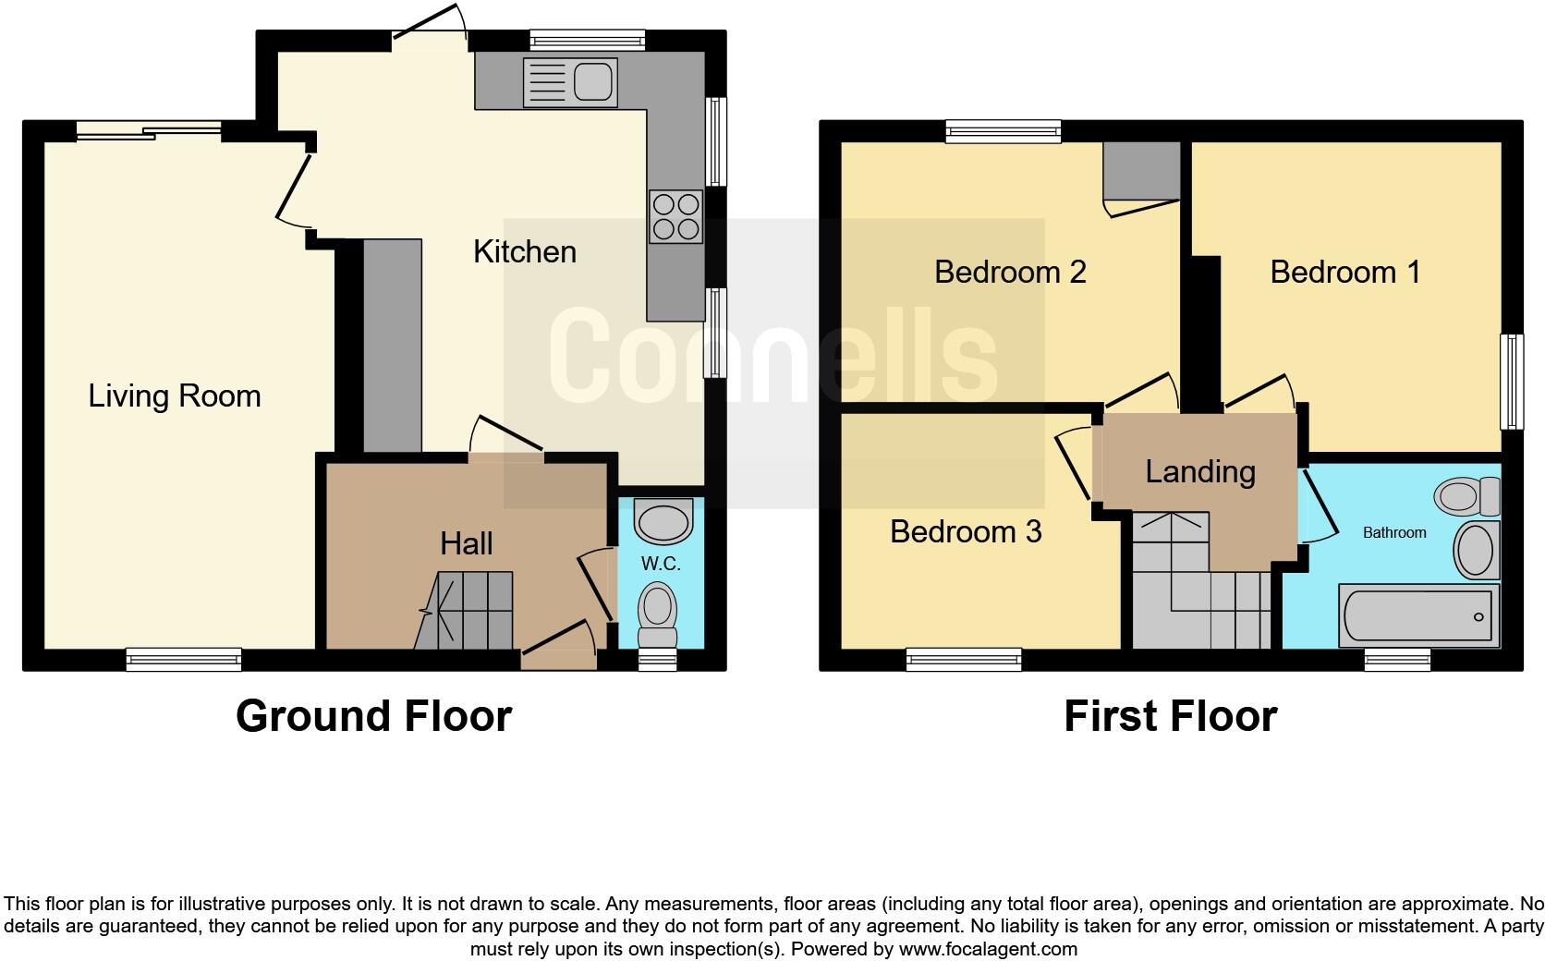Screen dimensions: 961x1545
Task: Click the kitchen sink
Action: click(570, 82)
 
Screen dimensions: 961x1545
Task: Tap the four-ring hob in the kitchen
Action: click(676, 216)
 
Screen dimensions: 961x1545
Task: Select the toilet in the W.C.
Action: click(658, 614)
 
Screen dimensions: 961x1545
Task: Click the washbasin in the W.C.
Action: click(663, 521)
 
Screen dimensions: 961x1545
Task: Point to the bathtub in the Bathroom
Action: click(1418, 615)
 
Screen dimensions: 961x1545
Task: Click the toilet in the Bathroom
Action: click(1467, 496)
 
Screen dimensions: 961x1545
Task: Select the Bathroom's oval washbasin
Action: click(1476, 550)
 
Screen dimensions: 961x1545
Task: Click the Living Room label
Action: click(175, 396)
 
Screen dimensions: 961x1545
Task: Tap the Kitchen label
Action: click(525, 251)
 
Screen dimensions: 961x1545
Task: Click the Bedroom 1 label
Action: click(1344, 272)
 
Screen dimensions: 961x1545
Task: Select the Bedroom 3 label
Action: click(966, 531)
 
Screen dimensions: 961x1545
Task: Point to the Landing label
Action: click(1200, 471)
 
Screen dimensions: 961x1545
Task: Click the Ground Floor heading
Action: click(373, 716)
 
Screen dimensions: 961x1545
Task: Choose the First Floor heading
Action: click(1170, 716)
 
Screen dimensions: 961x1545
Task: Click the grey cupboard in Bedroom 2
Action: click(1143, 170)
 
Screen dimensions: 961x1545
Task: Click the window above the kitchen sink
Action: click(587, 40)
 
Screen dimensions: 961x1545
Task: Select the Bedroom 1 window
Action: click(1512, 382)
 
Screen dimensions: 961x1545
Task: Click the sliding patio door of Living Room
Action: click(149, 132)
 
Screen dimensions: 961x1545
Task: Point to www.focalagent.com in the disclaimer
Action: click(988, 949)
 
